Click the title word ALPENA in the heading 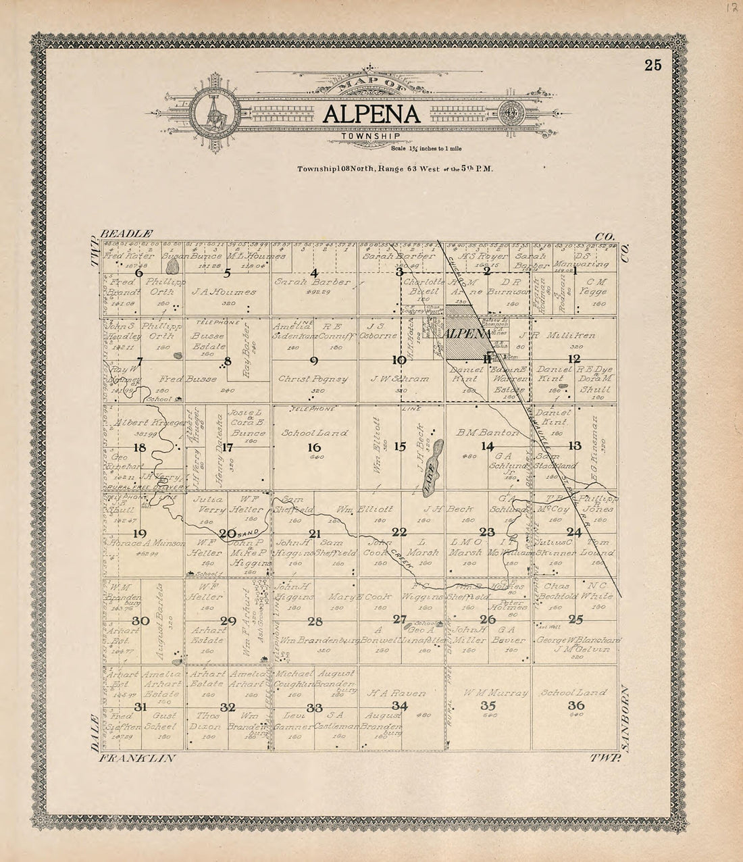click(x=371, y=114)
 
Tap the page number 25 click(x=652, y=66)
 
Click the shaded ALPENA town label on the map click(x=467, y=334)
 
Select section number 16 click(x=314, y=447)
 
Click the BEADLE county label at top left click(x=127, y=233)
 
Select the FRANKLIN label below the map click(x=137, y=759)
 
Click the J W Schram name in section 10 click(x=401, y=379)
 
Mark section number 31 click(x=140, y=707)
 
